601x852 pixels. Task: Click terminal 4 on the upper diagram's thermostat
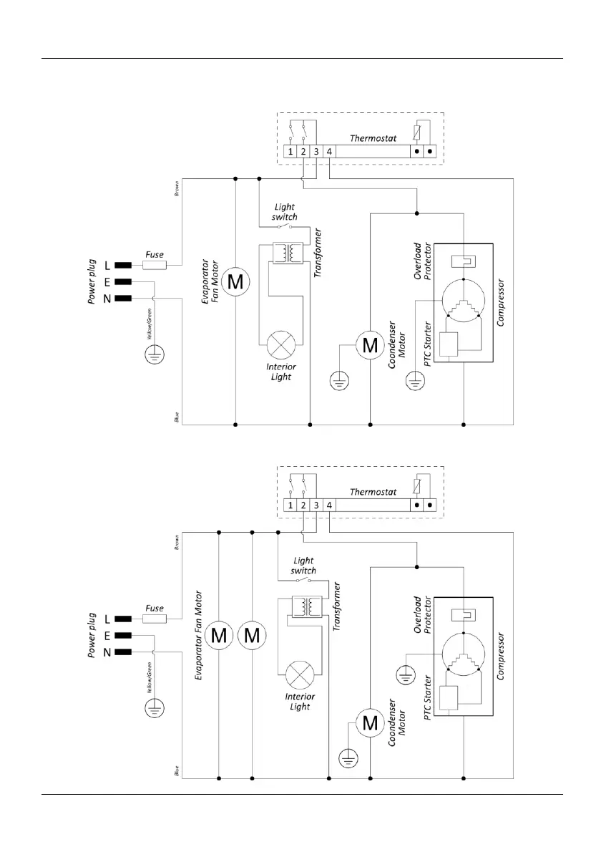pos(329,152)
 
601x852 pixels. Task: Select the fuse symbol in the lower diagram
pos(154,619)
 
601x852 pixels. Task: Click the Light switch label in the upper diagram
pos(285,212)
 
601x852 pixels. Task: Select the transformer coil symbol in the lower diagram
pos(308,607)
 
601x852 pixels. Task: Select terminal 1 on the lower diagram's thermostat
pos(290,505)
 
